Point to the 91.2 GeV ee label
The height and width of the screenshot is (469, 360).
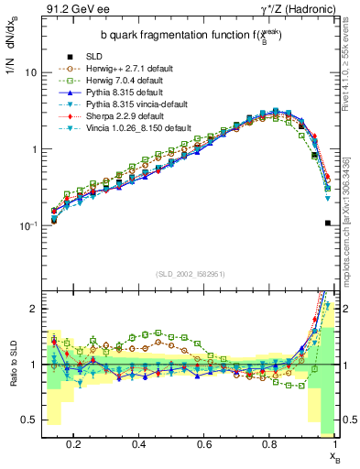(x=74, y=8)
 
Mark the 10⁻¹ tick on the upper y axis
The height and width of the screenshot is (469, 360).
(x=28, y=225)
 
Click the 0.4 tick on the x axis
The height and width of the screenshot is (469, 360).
(x=139, y=445)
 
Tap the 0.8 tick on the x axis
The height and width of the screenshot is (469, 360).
(x=271, y=445)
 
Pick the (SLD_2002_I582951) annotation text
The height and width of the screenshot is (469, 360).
(x=191, y=273)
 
